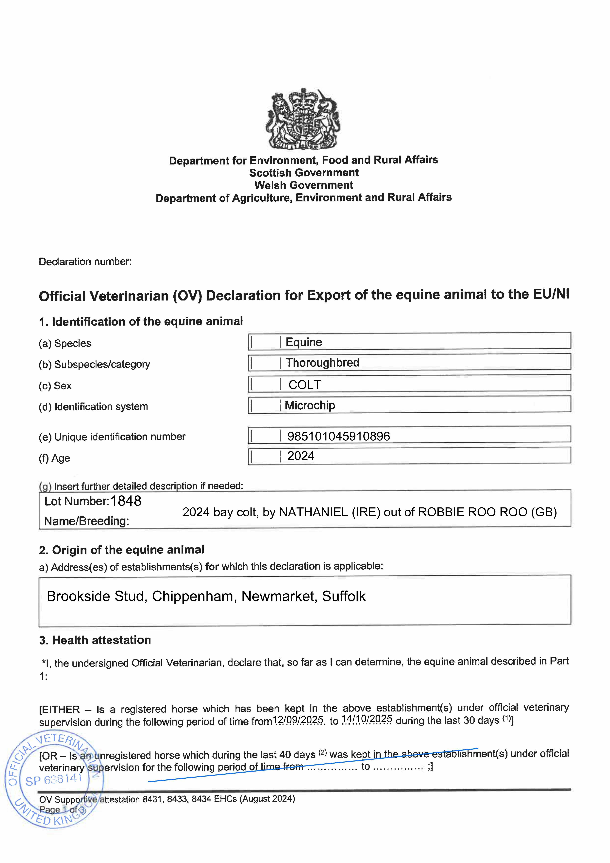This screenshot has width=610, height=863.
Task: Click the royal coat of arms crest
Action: point(303,119)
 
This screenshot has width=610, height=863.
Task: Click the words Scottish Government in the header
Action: point(304,173)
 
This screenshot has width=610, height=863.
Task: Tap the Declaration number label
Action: point(85,262)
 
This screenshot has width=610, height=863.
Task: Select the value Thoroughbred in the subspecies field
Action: point(322,363)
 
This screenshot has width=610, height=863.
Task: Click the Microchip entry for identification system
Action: point(310,405)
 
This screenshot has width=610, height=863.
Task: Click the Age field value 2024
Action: point(301,456)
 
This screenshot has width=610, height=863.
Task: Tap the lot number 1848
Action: point(126,501)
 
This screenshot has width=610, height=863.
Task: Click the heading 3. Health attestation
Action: point(95,640)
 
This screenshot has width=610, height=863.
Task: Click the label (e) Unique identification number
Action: point(112,437)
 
